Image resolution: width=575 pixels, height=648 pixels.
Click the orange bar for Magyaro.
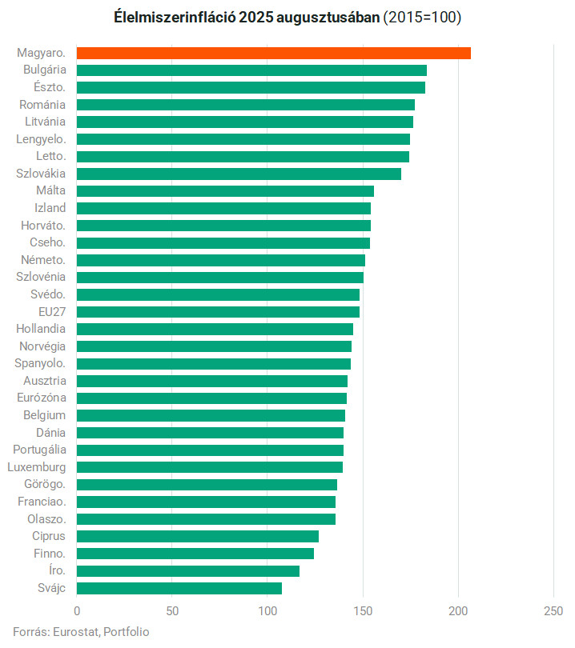273,53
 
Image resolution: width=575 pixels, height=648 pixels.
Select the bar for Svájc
179,588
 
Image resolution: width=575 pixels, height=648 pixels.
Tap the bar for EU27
218,311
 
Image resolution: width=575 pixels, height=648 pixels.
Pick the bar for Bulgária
251,70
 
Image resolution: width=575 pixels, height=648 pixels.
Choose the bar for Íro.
188,570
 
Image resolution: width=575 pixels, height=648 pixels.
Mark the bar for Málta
225,190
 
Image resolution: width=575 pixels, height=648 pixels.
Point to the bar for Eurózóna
211,398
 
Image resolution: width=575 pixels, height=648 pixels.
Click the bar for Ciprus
198,536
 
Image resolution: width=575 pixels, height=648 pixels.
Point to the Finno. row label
50,553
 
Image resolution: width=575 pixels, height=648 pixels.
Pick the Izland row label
50,208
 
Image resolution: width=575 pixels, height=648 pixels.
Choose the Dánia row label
52,432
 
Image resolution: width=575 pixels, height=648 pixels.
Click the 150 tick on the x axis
363,612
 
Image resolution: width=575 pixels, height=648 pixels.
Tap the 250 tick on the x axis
553,612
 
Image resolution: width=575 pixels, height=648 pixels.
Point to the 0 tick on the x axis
77,612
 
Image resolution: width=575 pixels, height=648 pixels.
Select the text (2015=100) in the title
422,17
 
